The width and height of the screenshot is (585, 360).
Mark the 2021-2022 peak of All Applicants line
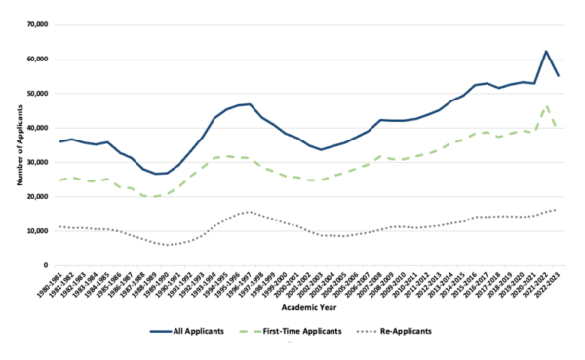(x=546, y=51)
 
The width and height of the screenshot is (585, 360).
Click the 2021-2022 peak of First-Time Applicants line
(x=546, y=105)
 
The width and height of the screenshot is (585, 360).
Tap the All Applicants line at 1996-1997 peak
(x=251, y=104)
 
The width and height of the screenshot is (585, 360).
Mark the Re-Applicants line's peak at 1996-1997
(x=251, y=212)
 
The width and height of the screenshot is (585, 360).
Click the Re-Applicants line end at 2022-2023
(x=558, y=209)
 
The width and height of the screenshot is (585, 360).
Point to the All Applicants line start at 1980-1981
(x=60, y=141)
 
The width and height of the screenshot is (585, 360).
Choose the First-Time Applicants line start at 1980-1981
(x=60, y=180)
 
